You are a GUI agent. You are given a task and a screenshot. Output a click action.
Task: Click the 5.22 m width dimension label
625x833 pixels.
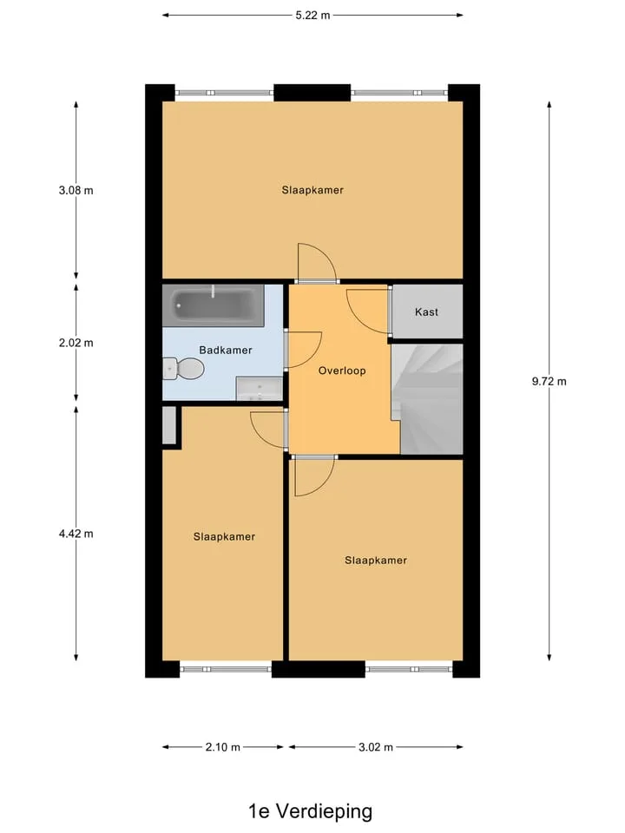(312, 16)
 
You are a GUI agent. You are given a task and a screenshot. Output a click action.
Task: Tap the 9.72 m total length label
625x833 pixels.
(549, 381)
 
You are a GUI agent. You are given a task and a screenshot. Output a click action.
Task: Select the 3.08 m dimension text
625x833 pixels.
(76, 190)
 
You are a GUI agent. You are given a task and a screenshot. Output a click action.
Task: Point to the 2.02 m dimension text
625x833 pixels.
(76, 343)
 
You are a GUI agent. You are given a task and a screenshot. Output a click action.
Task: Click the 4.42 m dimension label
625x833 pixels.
(76, 534)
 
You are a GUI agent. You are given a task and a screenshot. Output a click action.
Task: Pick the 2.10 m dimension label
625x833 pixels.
(223, 747)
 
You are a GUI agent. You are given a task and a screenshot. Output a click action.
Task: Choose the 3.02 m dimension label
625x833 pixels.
(376, 747)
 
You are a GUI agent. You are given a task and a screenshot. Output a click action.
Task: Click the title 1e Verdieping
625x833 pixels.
(311, 811)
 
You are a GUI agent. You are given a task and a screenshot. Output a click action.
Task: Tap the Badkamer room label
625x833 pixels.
(226, 350)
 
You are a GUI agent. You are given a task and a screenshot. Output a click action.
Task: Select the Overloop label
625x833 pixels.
(342, 371)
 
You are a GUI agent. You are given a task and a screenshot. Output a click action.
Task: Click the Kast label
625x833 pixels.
(426, 312)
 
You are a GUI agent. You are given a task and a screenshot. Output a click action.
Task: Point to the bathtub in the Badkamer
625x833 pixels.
(214, 305)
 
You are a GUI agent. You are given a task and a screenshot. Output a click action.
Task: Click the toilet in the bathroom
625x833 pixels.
(183, 368)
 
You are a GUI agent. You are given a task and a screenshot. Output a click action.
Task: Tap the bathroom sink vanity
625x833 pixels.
(259, 389)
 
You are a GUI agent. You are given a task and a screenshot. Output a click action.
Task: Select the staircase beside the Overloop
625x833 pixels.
(427, 399)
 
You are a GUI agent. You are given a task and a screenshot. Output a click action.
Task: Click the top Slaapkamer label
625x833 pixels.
(312, 190)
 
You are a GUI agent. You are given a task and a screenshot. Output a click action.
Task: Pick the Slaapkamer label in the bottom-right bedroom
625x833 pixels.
(376, 560)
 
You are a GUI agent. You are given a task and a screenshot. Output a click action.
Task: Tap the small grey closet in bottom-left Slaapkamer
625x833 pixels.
(169, 425)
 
